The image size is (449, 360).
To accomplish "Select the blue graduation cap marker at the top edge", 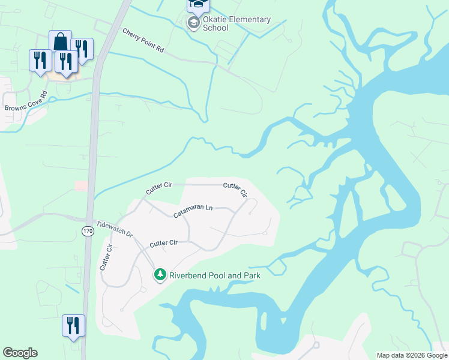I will pyautogui.click(x=196, y=5).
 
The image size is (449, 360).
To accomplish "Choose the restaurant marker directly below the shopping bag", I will pyautogui.click(x=65, y=62).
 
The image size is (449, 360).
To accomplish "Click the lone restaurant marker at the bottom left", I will pyautogui.click(x=73, y=326).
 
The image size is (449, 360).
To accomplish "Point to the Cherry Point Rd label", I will pyautogui.click(x=143, y=40).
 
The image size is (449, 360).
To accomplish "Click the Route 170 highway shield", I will pyautogui.click(x=88, y=231).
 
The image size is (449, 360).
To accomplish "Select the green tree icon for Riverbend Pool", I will pyautogui.click(x=160, y=275).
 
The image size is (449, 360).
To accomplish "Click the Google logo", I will pyautogui.click(x=20, y=353).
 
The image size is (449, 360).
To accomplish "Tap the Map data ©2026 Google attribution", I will pyautogui.click(x=412, y=355).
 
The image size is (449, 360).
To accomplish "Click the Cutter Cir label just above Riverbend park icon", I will pyautogui.click(x=164, y=243).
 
